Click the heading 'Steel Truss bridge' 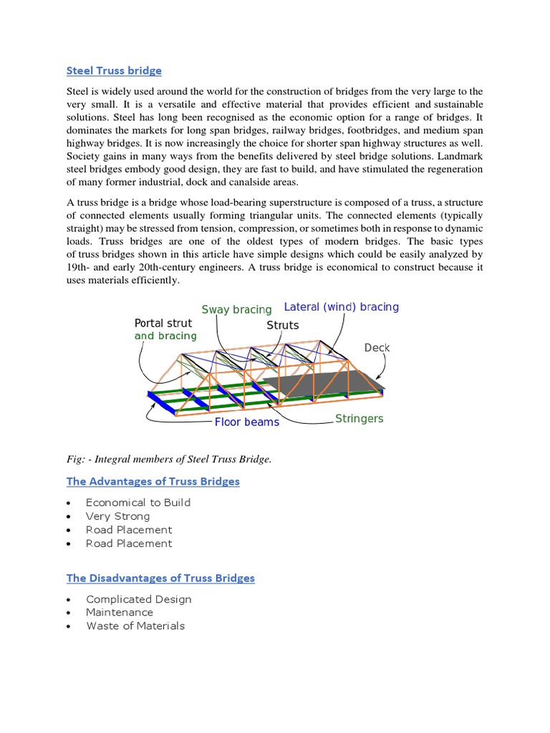[x=114, y=70]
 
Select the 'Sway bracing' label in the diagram [x=236, y=309]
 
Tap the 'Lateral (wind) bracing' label [x=342, y=307]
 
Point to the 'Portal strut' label [x=163, y=323]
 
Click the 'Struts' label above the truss [x=282, y=325]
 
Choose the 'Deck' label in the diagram [x=377, y=348]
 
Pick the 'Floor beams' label [x=246, y=422]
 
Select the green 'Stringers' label [x=359, y=418]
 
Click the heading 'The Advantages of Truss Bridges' [x=153, y=481]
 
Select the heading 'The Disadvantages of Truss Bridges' [x=160, y=578]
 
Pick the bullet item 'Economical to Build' [x=138, y=503]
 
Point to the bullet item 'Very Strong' [x=118, y=516]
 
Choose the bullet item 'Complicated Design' [x=139, y=599]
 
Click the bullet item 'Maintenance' [x=120, y=612]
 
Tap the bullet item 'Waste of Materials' [x=135, y=626]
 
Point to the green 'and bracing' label [x=165, y=336]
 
